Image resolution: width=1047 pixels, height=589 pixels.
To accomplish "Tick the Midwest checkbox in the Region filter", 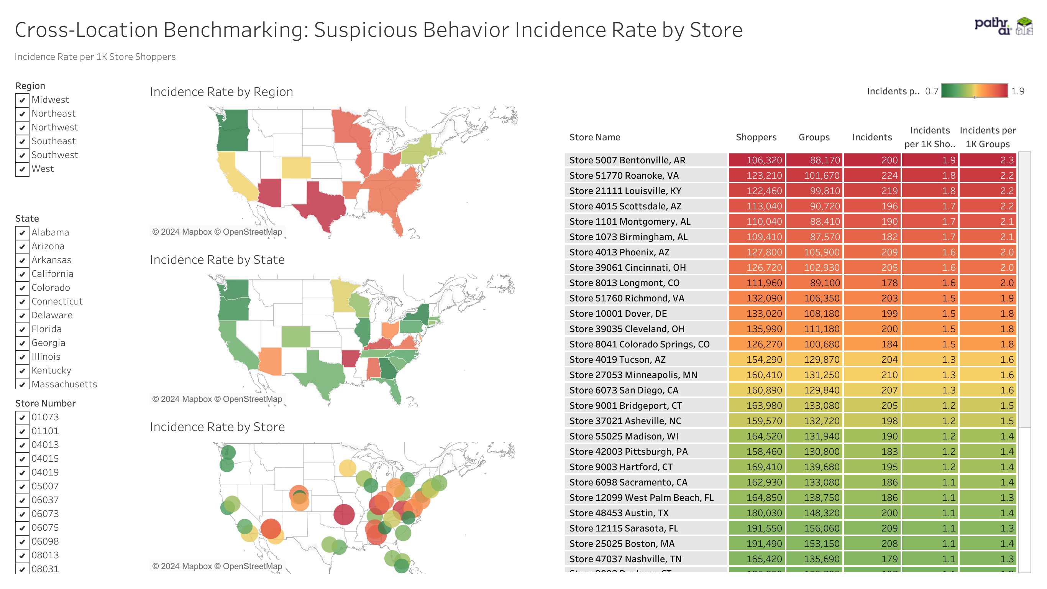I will click(22, 100).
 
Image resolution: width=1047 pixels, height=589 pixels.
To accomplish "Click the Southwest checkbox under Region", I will click(22, 155).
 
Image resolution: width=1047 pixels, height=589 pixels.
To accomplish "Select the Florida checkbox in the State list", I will click(22, 329).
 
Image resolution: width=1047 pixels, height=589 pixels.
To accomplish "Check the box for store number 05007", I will click(22, 487).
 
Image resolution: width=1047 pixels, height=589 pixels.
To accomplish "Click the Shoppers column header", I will click(756, 138).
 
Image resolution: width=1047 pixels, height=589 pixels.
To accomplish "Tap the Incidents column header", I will click(872, 138).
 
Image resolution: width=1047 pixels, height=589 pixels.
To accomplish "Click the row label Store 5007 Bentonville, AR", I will click(627, 160).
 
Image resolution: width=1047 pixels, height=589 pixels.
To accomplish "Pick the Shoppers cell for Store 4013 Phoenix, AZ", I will click(757, 252).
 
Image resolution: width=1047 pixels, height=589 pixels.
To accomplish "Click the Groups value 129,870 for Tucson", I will click(814, 360).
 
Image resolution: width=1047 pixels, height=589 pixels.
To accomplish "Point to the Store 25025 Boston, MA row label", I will click(622, 544).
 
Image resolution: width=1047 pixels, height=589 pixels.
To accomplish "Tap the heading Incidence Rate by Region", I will click(221, 92).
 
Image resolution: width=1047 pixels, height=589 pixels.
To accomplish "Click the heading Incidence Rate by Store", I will click(217, 427).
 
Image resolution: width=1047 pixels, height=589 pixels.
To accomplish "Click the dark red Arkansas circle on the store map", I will click(344, 514).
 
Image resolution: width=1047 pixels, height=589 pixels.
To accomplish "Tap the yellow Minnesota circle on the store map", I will click(347, 468).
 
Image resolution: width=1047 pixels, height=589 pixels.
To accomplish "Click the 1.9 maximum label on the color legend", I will click(1017, 92).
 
